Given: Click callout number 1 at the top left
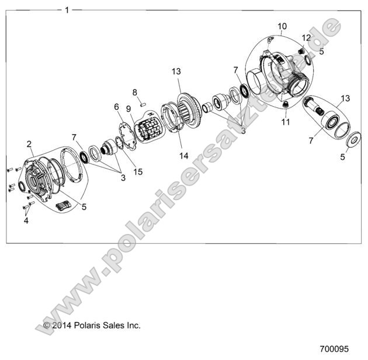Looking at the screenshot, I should [67, 10].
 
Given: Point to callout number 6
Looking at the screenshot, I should [116, 107].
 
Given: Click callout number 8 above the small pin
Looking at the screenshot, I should [134, 92].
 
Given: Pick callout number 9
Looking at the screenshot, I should [128, 109].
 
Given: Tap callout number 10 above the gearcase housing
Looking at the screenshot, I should [282, 26].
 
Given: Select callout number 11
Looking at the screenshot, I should [285, 122].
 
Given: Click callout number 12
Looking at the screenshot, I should [306, 38].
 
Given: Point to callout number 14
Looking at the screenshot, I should [184, 156].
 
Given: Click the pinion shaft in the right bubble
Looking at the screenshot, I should [319, 111].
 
